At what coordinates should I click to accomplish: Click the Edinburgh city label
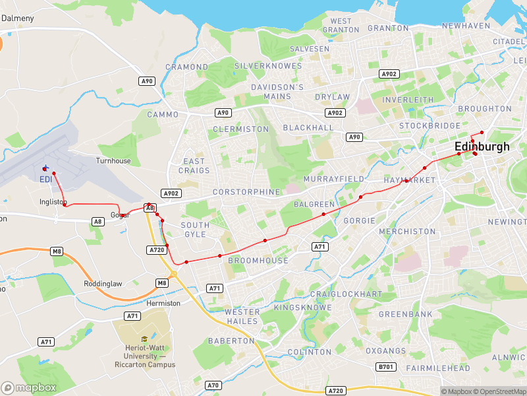point(482,147)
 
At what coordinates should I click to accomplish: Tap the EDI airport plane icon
point(45,168)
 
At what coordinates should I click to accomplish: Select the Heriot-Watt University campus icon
point(143,339)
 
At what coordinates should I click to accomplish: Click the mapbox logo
point(29,388)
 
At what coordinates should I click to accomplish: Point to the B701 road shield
point(385,366)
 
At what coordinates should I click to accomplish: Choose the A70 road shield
point(213,385)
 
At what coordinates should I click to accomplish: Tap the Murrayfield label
point(333,179)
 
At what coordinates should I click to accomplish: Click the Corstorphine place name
point(246,191)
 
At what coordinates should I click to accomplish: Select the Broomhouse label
point(258,261)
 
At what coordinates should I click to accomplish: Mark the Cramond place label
point(186,67)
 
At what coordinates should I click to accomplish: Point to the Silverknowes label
point(268,66)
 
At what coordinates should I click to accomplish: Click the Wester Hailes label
point(242,316)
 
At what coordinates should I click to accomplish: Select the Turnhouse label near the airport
point(113,160)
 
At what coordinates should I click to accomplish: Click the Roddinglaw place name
point(103,284)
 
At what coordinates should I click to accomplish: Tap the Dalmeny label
point(18,18)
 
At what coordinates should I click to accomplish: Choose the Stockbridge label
point(430,125)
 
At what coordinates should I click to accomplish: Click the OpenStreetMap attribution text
point(498,391)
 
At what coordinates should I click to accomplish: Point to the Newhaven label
point(466,25)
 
